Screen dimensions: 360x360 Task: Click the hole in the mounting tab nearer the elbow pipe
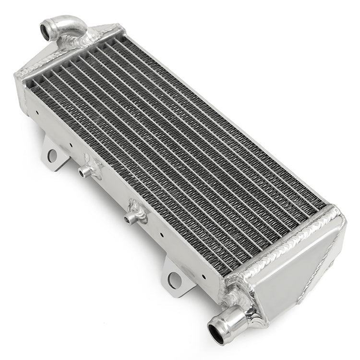[x=52, y=155]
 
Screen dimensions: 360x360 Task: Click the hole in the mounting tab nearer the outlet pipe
[x=175, y=278]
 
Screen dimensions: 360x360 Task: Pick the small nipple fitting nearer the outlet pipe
[x=128, y=219]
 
